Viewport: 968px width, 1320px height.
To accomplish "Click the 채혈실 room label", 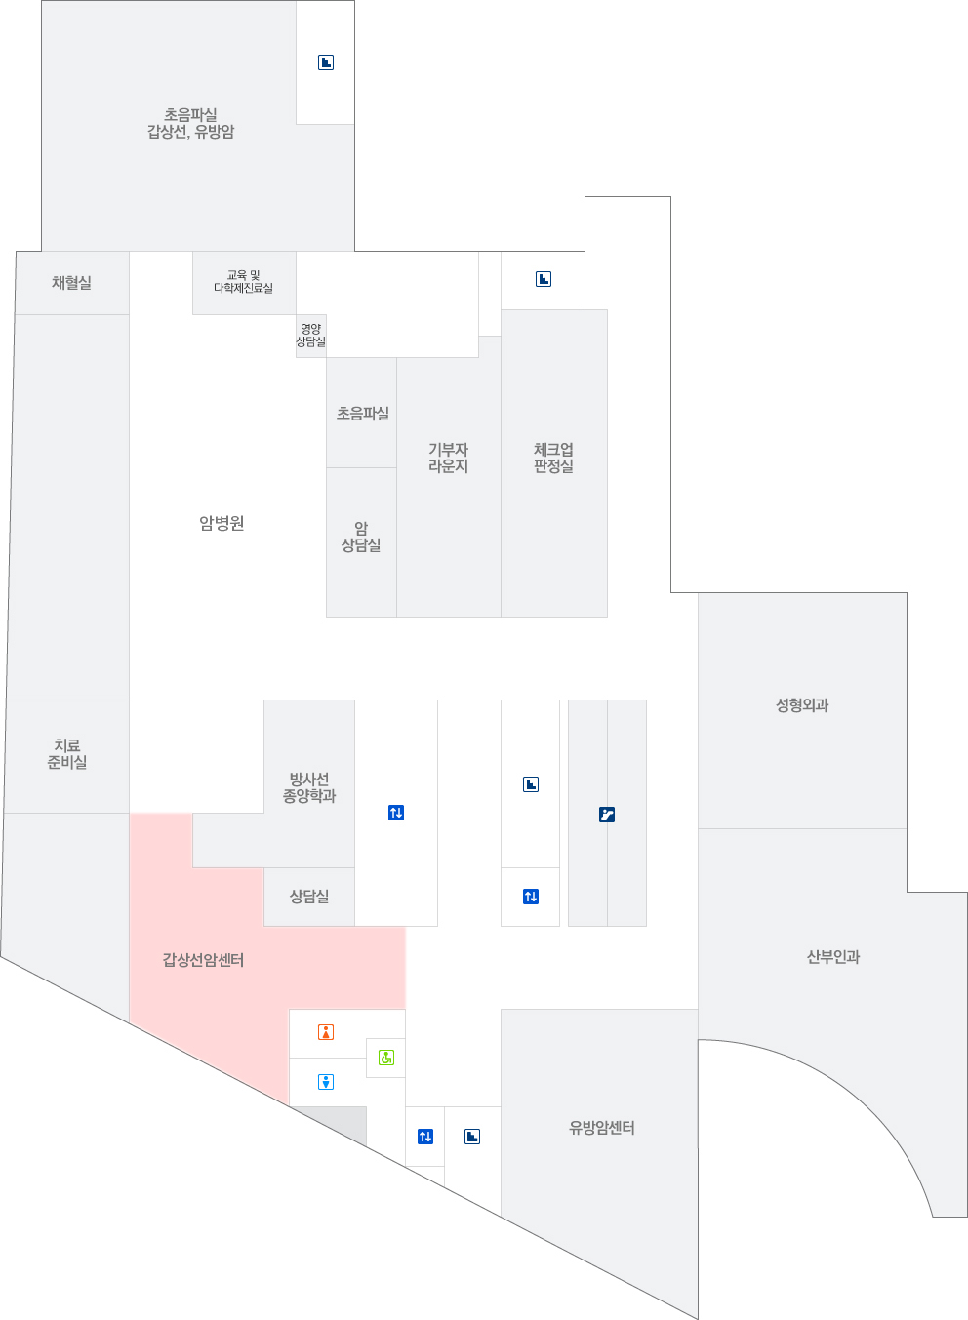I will point(71,283).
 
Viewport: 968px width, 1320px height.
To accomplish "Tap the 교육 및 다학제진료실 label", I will point(243,282).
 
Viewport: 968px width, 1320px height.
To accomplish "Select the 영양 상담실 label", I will point(311,336).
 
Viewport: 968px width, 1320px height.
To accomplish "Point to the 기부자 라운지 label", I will point(448,458).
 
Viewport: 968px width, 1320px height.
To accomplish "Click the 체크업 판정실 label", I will point(553,458).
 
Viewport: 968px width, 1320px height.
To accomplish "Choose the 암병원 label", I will point(222,524).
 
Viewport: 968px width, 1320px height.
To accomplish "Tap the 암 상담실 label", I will point(361,537).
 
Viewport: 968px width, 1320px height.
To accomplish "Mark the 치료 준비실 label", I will point(67,754).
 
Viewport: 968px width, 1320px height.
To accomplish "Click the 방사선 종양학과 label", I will point(309,787).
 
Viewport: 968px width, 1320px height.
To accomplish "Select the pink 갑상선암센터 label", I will point(203,960).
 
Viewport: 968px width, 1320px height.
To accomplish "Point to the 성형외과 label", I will point(802,705).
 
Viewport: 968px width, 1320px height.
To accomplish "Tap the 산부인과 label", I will point(833,957).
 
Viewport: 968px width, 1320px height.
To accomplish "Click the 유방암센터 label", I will point(602,1128).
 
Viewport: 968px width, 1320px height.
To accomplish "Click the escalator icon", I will point(607,815).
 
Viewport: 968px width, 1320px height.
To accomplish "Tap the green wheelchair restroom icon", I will point(386,1058).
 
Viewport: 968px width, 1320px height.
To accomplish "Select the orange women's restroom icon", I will point(326,1032).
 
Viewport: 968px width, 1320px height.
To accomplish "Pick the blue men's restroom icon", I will point(326,1082).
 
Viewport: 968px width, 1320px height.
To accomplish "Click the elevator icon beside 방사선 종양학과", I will point(396,813).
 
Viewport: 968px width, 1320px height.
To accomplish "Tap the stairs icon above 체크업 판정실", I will point(544,279).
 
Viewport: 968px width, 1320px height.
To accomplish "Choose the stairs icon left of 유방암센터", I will point(472,1137).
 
